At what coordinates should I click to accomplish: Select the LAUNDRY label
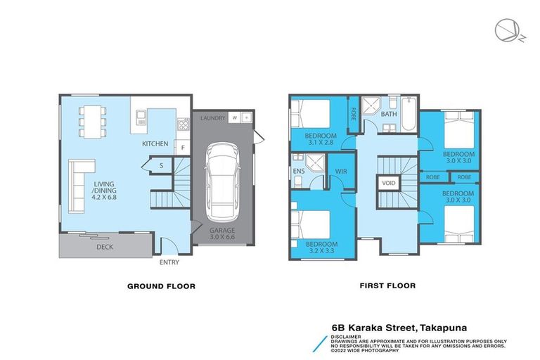click(212, 118)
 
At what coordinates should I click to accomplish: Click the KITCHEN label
click(155, 144)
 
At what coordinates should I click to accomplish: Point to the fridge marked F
click(182, 148)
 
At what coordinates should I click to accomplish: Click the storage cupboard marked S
click(161, 166)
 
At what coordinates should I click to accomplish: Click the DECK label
click(104, 247)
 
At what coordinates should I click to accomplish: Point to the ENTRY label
click(169, 263)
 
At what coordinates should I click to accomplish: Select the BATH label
click(389, 113)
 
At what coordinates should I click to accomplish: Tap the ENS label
click(298, 170)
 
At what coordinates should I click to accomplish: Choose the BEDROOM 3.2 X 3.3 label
click(321, 246)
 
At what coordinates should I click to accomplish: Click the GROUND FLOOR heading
click(160, 286)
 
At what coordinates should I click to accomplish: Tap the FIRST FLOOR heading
click(387, 286)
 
